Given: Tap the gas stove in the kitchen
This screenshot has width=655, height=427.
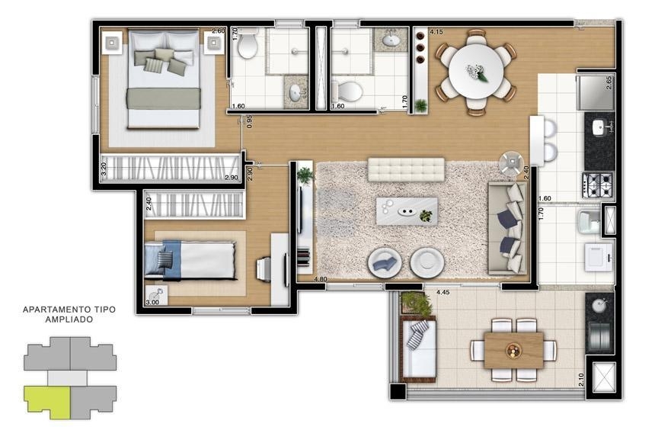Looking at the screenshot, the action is click(598, 185).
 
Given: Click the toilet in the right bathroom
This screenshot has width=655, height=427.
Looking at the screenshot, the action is click(347, 91).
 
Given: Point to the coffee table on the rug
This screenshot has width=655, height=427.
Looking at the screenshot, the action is click(407, 211).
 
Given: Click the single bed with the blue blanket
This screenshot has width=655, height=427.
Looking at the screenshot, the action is click(190, 260).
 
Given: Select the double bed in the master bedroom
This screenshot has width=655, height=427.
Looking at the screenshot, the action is click(163, 79).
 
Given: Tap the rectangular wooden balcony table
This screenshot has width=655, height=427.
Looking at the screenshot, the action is click(513, 351).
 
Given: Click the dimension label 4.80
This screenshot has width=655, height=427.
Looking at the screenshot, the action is click(321, 279).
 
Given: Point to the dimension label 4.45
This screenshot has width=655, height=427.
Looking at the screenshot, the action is click(443, 292).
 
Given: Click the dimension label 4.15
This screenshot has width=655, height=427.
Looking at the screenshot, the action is click(436, 32).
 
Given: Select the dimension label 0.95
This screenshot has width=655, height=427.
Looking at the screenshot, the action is click(249, 121).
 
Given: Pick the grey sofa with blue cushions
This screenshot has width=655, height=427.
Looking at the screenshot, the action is click(506, 228).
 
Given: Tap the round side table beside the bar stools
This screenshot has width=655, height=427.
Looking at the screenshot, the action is click(512, 162).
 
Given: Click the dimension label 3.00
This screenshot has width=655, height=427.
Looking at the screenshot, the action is click(152, 302).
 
